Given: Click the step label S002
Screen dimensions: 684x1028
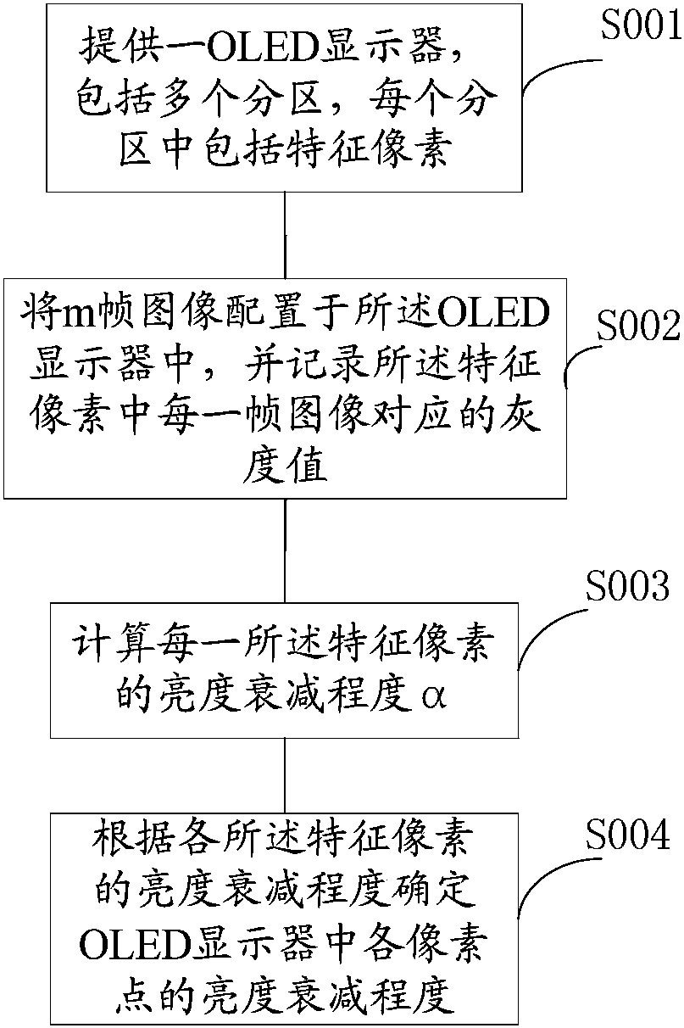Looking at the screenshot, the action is click(638, 326).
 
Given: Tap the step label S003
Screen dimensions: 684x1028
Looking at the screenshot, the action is click(627, 586).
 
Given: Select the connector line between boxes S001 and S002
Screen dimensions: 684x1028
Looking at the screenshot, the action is click(285, 235).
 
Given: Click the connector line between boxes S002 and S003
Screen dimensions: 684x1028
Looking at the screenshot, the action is click(285, 550).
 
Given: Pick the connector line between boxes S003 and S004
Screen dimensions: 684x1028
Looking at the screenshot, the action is click(285, 776).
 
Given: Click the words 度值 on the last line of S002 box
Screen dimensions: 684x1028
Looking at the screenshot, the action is click(285, 468).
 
